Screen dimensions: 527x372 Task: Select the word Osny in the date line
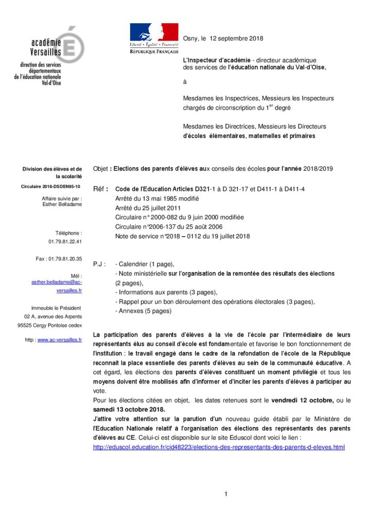[191, 39]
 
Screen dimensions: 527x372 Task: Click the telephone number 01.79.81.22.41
[65, 241]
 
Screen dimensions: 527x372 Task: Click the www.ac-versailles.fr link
[60, 340]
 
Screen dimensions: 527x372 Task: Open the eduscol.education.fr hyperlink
[219, 447]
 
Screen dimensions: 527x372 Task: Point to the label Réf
[100, 189]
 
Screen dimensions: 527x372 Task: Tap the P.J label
[99, 264]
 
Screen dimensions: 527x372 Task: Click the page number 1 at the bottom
[226, 495]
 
